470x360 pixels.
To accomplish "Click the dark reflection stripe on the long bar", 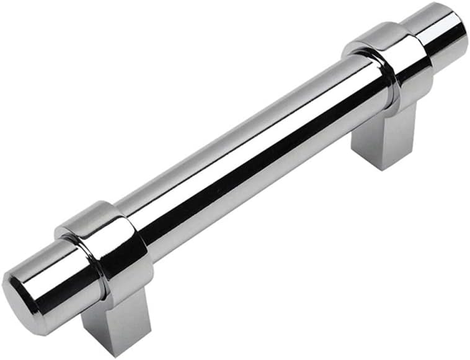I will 260,168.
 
